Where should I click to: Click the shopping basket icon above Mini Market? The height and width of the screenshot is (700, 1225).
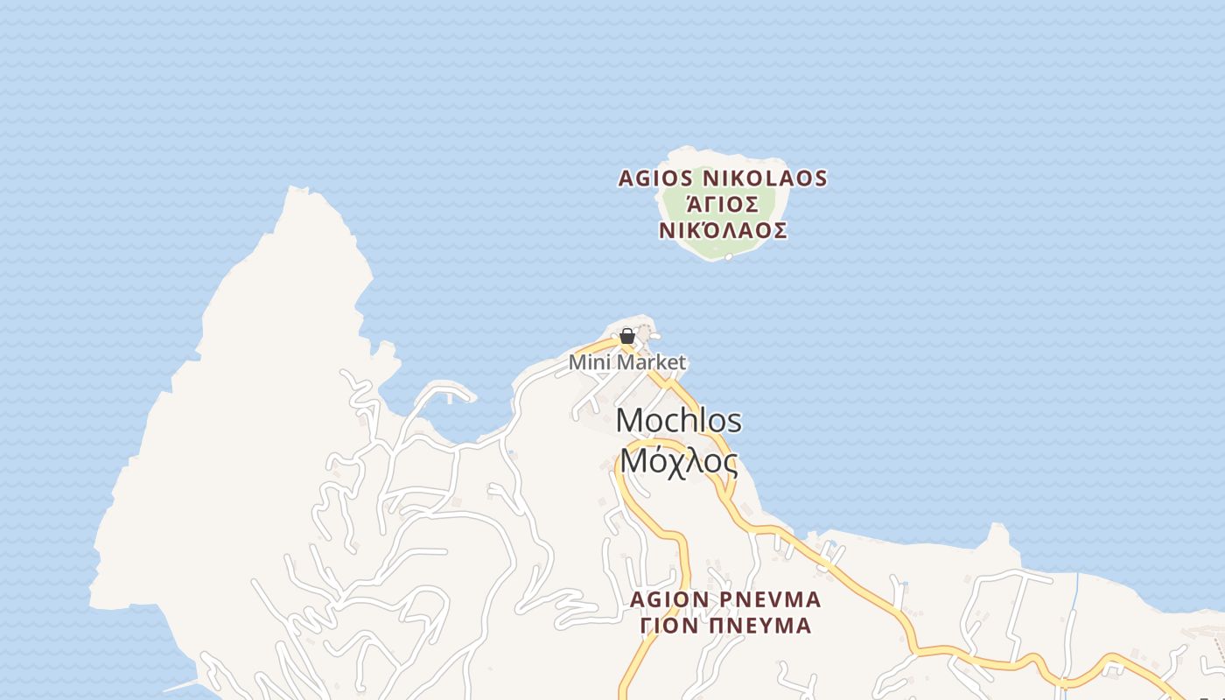pos(626,336)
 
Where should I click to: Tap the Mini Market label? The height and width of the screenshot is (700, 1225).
pos(627,362)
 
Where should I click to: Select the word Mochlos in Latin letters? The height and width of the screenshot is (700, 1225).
pos(679,421)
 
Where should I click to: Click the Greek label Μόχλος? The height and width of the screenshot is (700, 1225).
pos(679,460)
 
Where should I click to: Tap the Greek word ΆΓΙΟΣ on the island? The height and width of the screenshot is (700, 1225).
pos(722,205)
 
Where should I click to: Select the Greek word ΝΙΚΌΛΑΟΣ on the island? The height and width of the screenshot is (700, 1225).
pos(723,231)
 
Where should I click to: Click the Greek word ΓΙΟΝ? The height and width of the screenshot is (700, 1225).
pos(668,626)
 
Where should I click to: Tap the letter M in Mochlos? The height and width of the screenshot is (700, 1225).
pos(630,421)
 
